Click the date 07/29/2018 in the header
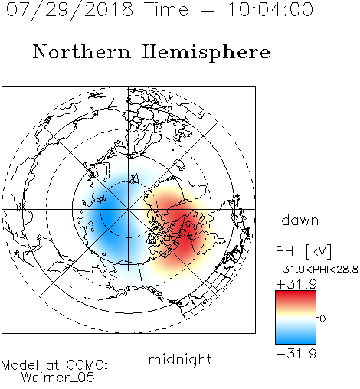(x=70, y=10)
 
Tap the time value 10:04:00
(x=270, y=9)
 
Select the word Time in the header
(x=166, y=9)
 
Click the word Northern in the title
(x=82, y=51)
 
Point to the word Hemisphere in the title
(x=206, y=53)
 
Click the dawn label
(x=300, y=221)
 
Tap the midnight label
(x=180, y=360)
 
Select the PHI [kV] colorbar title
(x=303, y=251)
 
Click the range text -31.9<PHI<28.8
(x=317, y=270)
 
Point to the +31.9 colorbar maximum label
(x=296, y=284)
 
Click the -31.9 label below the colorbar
(x=296, y=354)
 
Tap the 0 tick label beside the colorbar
(x=322, y=319)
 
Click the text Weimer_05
(x=58, y=378)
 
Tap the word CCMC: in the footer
(x=87, y=365)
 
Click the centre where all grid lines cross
(x=129, y=209)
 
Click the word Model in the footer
(x=20, y=365)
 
